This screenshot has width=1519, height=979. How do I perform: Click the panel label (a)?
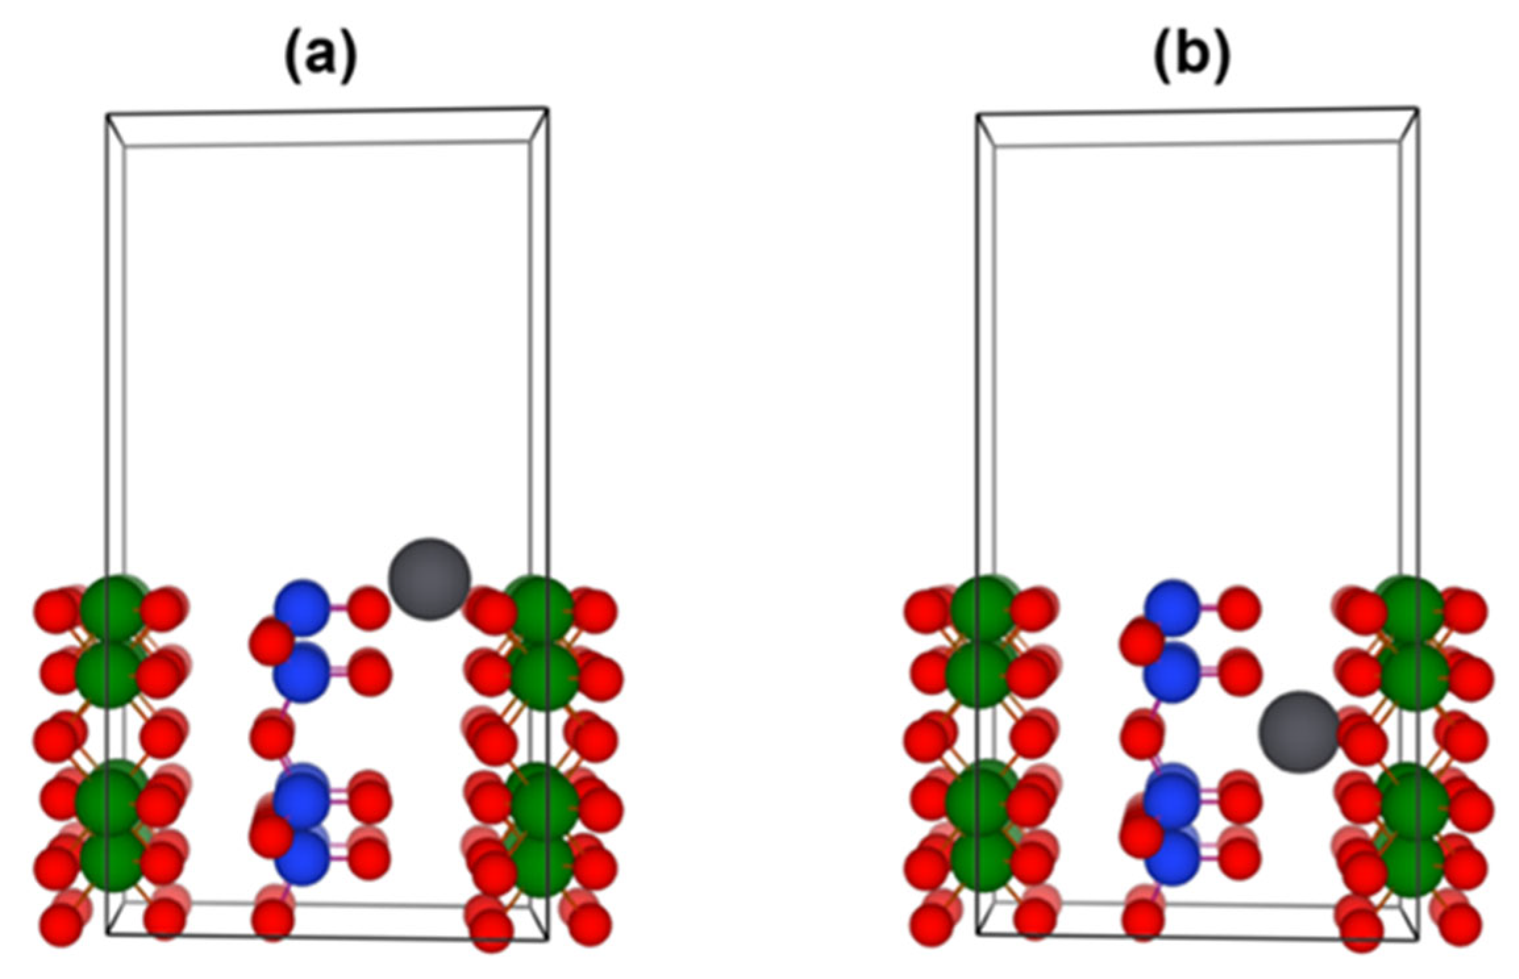pyautogui.click(x=320, y=58)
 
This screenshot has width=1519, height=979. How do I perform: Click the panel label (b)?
pyautogui.click(x=1191, y=58)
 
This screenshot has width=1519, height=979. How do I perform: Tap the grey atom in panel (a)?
pyautogui.click(x=429, y=579)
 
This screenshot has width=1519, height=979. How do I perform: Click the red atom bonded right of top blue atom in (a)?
pyautogui.click(x=368, y=608)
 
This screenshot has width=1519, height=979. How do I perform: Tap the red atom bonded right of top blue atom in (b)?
pyautogui.click(x=1239, y=608)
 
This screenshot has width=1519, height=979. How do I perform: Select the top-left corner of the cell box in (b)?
pyautogui.click(x=978, y=115)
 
